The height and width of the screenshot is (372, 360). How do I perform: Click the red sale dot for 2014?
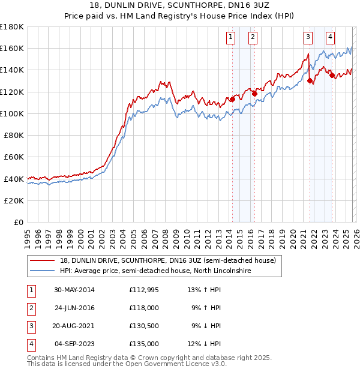pos(232,100)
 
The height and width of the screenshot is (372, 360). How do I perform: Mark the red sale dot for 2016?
pos(254,94)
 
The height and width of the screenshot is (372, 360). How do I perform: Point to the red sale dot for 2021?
pos(310,80)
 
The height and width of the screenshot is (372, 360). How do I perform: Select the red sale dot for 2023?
pos(332,76)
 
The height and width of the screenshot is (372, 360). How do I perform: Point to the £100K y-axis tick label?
pos(12,113)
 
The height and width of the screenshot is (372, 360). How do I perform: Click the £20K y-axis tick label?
pos(14,200)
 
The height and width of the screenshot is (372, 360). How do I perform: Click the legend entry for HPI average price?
pos(155,271)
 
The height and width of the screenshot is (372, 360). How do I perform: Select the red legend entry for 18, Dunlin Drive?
pos(167,260)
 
